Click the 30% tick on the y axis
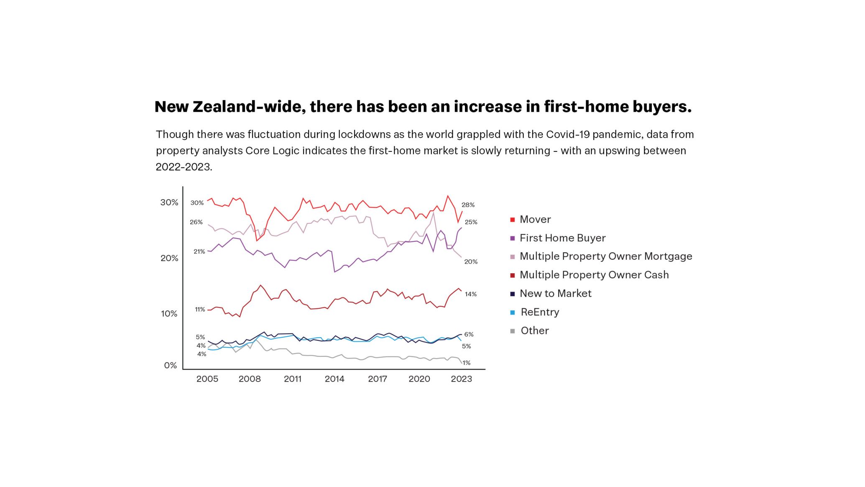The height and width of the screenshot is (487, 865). [169, 202]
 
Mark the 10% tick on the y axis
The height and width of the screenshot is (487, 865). [169, 314]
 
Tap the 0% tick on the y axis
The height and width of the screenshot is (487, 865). [171, 366]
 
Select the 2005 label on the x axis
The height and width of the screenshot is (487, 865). [207, 379]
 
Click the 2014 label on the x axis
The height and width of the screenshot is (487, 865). [334, 379]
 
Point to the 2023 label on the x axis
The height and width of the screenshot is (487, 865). [461, 379]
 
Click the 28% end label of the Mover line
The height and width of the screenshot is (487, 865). [468, 205]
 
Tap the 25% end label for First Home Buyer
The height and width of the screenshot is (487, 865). [471, 222]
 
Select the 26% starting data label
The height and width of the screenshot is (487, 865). [196, 222]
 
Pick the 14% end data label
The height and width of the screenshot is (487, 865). [471, 294]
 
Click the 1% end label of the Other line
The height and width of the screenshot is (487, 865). [467, 363]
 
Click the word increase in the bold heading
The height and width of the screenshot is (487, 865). [488, 107]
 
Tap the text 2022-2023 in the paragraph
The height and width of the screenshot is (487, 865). [184, 167]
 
